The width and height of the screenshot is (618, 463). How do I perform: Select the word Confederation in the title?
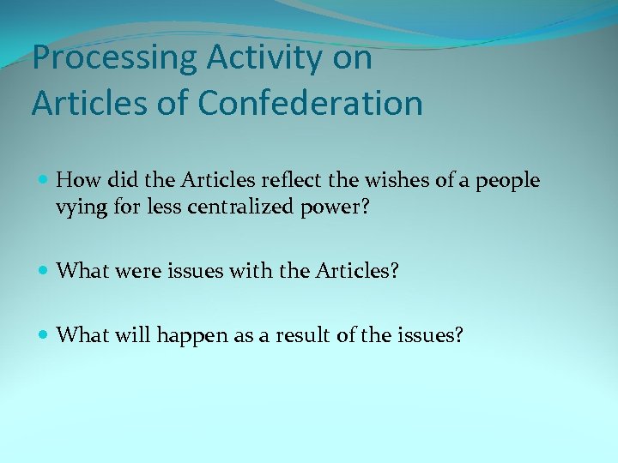(x=311, y=104)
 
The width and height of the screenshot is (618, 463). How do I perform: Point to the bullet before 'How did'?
(x=45, y=181)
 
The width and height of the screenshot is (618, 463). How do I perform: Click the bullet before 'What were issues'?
(x=45, y=271)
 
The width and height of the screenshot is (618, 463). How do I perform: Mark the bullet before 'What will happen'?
(x=45, y=335)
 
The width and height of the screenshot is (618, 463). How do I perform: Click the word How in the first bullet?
(x=78, y=180)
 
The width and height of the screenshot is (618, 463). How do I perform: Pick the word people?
(x=509, y=182)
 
